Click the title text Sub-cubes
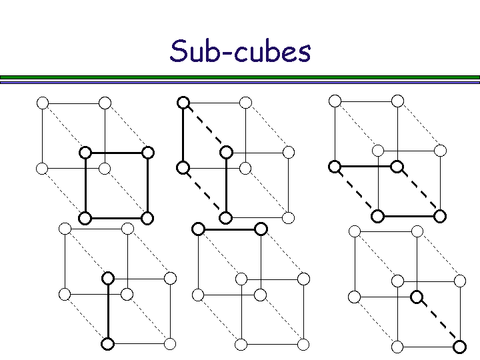(240, 51)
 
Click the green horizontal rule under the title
(240, 77)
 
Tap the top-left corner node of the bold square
(85, 152)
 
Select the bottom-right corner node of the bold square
(148, 217)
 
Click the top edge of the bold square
(117, 152)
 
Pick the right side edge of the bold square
(148, 185)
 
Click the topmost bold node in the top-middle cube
(183, 103)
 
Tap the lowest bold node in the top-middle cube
(226, 217)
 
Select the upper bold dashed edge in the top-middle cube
(205, 127)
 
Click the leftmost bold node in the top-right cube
(335, 166)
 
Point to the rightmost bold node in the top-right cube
(440, 216)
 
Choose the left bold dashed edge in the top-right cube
(356, 191)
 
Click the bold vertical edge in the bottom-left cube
(107, 311)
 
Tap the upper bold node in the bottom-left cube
(107, 278)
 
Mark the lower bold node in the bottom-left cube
(107, 344)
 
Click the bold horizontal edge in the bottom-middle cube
(230, 229)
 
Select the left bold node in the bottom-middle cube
(198, 229)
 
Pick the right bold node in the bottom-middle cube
(261, 229)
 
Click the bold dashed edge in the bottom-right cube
(438, 321)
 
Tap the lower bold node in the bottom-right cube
(459, 346)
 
